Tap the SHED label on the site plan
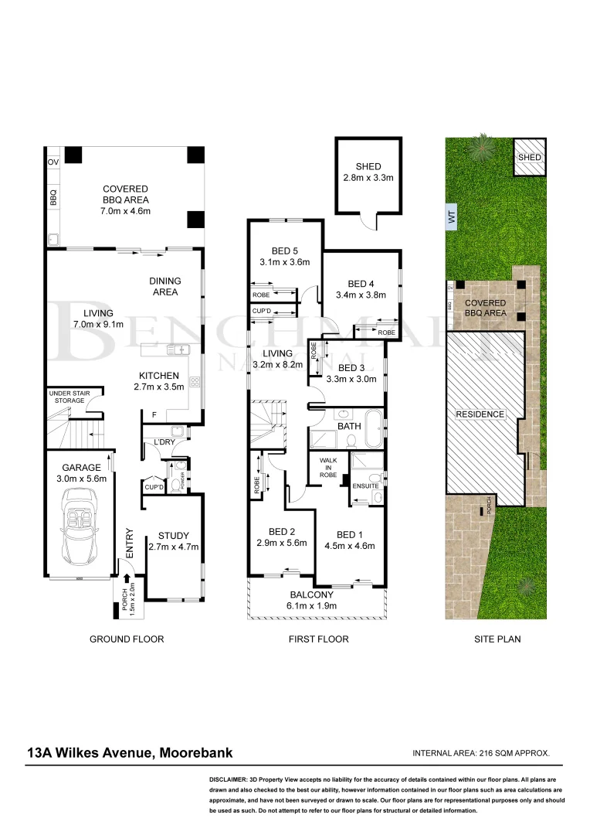pyautogui.click(x=530, y=157)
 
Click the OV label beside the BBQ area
pyautogui.click(x=53, y=162)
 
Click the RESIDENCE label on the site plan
pyautogui.click(x=480, y=414)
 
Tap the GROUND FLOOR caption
pyautogui.click(x=127, y=639)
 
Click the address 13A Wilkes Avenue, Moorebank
pyautogui.click(x=130, y=752)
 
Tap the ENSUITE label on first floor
pyautogui.click(x=365, y=486)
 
